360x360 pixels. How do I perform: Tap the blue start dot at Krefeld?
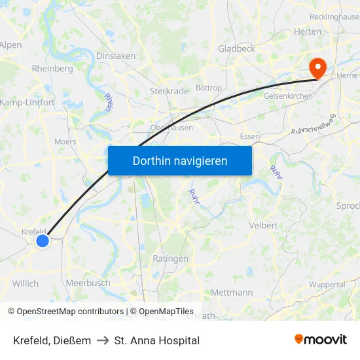click(43, 241)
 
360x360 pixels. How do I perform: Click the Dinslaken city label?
click(116, 56)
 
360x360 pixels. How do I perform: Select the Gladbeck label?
click(236, 48)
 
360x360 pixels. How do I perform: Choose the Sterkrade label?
click(169, 91)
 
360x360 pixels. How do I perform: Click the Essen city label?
click(250, 136)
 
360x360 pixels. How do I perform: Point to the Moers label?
click(65, 141)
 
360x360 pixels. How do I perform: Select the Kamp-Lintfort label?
click(27, 103)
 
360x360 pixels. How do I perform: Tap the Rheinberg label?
click(52, 69)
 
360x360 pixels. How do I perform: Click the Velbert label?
click(264, 225)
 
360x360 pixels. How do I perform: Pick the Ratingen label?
click(170, 259)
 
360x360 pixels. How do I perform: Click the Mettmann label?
click(232, 293)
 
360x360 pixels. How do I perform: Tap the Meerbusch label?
click(88, 283)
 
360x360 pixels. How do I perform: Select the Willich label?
click(26, 284)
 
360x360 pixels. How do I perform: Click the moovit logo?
click(321, 340)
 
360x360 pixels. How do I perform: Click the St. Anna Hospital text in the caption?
click(157, 340)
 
